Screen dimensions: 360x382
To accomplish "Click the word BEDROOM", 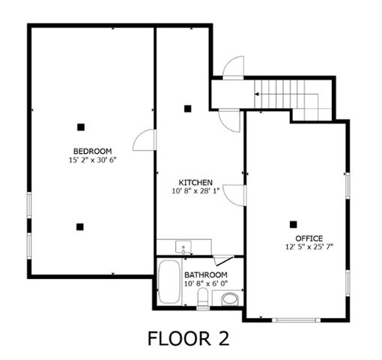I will tap(92, 150).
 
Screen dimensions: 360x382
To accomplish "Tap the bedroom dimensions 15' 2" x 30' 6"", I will tap(92, 159).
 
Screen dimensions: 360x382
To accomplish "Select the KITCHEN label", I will tap(196, 182).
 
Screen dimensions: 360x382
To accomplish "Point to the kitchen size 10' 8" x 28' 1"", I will tap(196, 191).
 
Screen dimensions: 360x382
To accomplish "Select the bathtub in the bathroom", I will tap(168, 283).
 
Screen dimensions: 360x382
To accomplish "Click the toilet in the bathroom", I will tap(202, 299).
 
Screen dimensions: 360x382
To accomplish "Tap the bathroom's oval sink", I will tap(229, 298).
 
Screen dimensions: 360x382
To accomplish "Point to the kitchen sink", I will tap(181, 247).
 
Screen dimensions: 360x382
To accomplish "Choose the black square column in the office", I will tap(293, 223).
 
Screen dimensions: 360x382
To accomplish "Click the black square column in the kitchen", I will tap(187, 109).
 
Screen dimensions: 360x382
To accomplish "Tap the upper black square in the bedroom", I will tap(80, 126).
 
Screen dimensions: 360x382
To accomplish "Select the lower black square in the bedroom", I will tap(79, 226).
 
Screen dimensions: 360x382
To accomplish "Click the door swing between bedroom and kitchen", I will tap(145, 139).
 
